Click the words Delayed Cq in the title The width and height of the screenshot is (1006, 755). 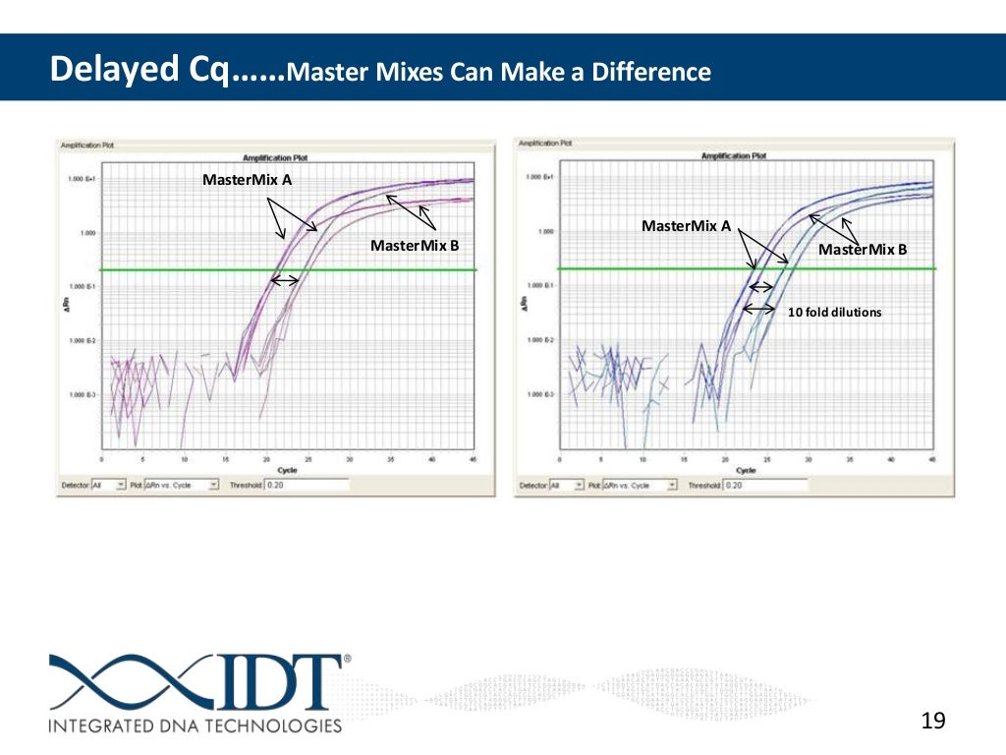[137, 70]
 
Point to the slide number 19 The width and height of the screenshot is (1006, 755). [933, 722]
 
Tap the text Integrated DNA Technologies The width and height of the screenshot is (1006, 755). [196, 726]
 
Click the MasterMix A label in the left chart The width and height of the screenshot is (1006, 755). [247, 180]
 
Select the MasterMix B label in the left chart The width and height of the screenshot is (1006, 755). [415, 245]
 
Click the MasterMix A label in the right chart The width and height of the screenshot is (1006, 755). [686, 226]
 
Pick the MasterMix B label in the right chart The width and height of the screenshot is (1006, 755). [863, 250]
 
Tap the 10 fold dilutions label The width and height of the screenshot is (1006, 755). [835, 313]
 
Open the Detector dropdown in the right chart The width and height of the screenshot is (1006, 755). [566, 485]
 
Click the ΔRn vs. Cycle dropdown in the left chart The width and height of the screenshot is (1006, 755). [182, 485]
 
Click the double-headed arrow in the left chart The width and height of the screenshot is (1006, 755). [285, 280]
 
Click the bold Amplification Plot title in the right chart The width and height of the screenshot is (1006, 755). [735, 155]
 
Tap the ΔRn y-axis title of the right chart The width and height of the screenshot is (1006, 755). [522, 304]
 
